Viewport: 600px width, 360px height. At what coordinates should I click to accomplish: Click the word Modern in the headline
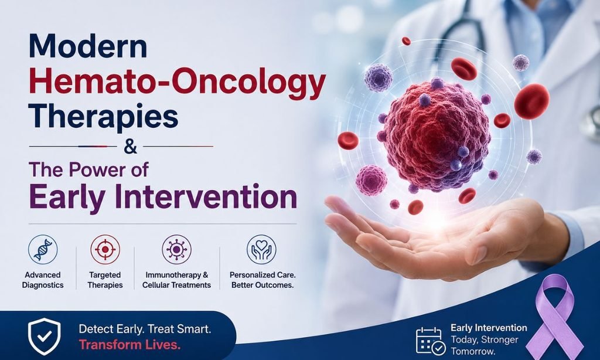tap(88, 46)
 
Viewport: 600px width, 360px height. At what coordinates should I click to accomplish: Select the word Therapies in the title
tap(103, 117)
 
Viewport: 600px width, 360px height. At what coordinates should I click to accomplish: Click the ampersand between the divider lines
tap(131, 147)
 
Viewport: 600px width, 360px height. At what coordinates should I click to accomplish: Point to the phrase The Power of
tap(89, 169)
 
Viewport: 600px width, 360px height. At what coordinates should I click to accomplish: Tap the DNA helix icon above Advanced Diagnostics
tap(43, 249)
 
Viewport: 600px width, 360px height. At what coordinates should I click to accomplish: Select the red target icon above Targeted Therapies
tap(105, 249)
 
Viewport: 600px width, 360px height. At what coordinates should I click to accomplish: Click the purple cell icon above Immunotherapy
tap(176, 249)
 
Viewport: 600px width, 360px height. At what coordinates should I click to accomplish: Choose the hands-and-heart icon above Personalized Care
tap(261, 249)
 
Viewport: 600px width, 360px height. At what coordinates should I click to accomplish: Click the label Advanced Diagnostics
tap(43, 280)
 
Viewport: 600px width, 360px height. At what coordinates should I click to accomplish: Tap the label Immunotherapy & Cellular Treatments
tap(176, 280)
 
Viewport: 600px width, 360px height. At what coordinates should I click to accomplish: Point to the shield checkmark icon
tap(45, 337)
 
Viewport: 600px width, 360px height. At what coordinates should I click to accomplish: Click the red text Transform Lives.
tap(129, 345)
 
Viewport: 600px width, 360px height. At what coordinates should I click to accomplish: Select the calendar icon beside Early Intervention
tap(431, 340)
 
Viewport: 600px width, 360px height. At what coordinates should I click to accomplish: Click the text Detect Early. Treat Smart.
tap(145, 329)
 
